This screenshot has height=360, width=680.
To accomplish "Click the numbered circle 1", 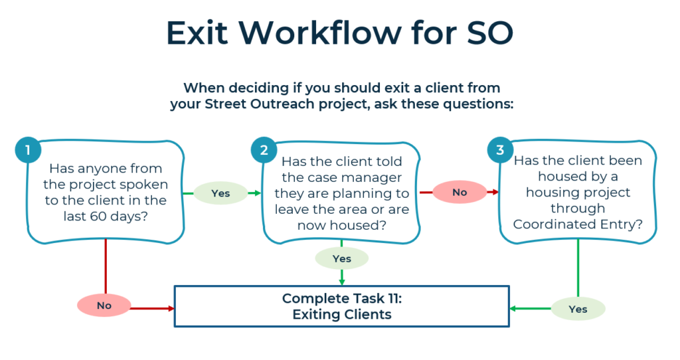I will (28, 151).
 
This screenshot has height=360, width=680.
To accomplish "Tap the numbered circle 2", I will (264, 151).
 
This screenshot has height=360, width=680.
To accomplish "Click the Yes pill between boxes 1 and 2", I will (220, 193).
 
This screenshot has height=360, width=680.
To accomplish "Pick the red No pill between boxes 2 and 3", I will (460, 192).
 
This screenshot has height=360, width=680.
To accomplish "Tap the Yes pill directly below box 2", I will (341, 258).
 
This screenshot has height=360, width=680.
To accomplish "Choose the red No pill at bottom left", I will (104, 306).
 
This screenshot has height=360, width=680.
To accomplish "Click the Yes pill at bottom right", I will (578, 309).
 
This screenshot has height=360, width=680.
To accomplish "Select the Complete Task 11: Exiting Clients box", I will (341, 306).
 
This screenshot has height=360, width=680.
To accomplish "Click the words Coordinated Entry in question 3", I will (578, 225).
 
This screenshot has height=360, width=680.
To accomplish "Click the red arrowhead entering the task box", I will (169, 308).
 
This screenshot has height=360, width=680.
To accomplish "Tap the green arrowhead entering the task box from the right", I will (513, 308).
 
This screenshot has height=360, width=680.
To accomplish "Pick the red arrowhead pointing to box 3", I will (495, 193).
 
